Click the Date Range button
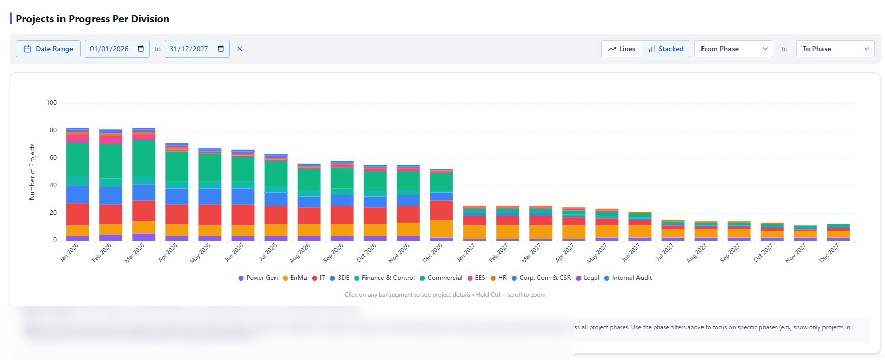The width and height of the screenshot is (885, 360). pos(48,49)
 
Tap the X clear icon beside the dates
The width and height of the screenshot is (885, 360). pos(240,49)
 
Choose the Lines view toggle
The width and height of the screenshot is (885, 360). pos(622,49)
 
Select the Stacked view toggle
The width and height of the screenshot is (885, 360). pos(665,49)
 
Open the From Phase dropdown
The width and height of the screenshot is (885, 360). pos(733,49)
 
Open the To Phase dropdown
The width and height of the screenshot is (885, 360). pos(835,49)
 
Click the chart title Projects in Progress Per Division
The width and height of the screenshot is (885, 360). pos(93,19)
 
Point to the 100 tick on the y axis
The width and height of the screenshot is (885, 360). pos(51,103)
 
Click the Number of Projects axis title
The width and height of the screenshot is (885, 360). pos(32,172)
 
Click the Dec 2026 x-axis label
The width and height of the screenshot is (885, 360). pos(433,253)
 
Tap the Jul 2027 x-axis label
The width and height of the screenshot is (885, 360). pos(664,253)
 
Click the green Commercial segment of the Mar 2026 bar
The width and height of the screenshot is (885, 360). pos(143,158)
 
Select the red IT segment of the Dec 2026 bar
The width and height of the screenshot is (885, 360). pos(441,210)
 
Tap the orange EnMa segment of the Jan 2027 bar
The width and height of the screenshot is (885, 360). pos(474,232)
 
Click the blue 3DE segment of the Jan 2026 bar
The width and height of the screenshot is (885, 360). pos(77,194)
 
